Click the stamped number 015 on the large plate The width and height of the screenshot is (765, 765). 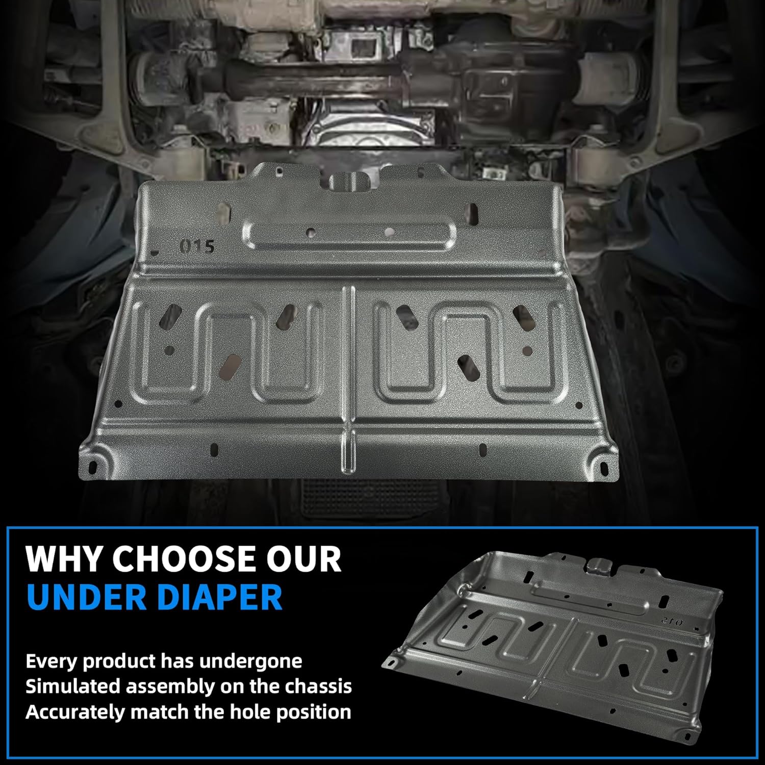coord(197,246)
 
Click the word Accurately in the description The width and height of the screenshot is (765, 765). coord(75,711)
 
